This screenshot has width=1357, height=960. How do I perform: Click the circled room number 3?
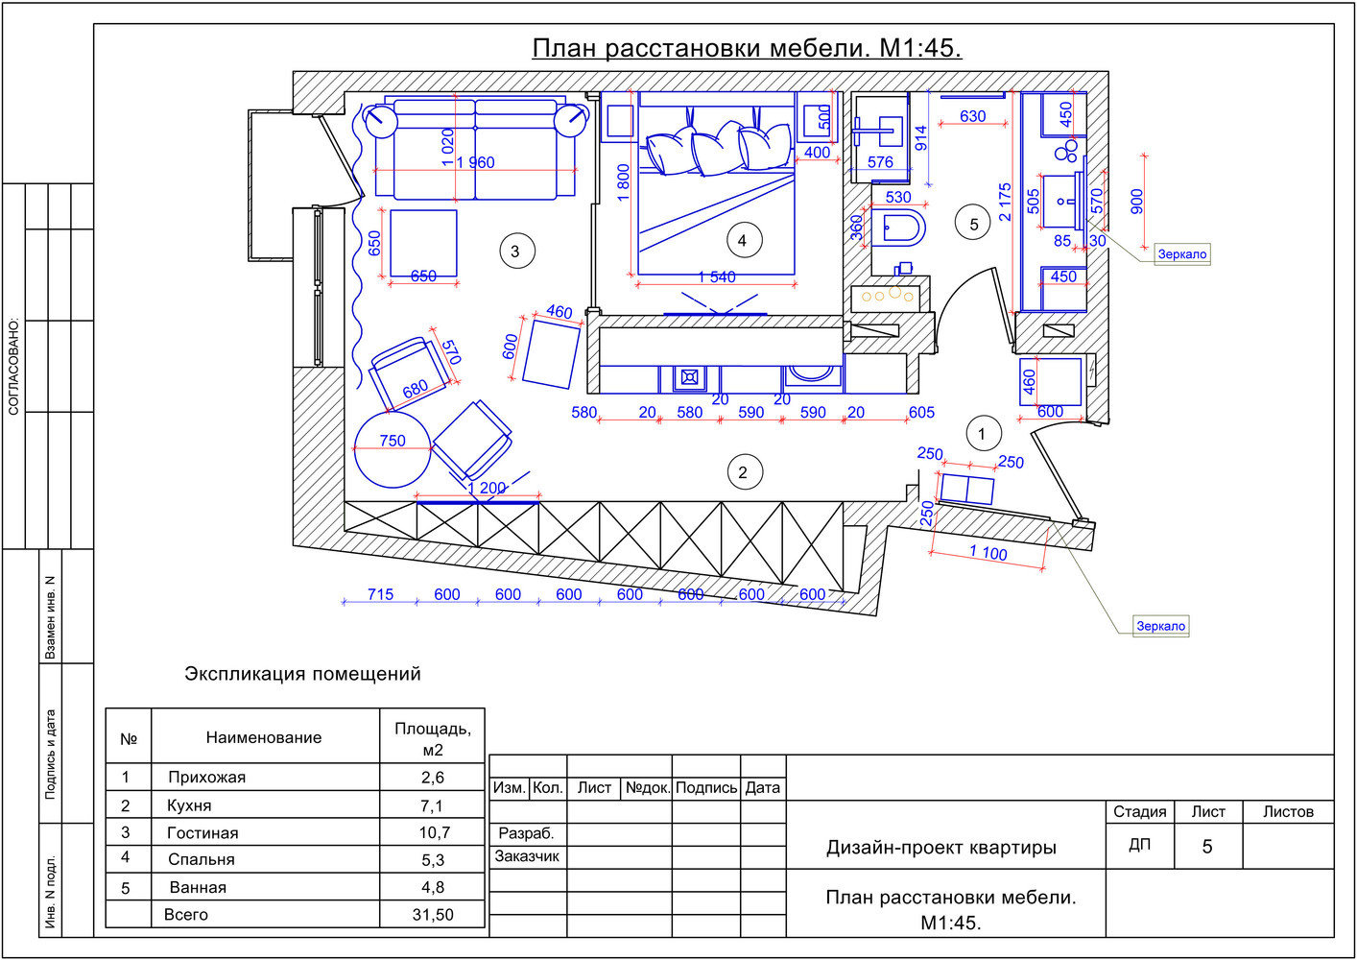[516, 251]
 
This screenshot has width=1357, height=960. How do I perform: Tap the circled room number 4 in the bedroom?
[744, 241]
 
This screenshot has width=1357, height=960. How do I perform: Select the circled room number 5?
[972, 223]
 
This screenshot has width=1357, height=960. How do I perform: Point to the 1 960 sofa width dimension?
[475, 162]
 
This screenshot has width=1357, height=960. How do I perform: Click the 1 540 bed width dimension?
[717, 277]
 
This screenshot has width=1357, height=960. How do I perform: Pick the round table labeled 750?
[392, 449]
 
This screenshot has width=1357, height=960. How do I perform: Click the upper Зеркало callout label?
[1182, 254]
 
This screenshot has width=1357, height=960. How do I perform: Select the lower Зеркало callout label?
[1160, 626]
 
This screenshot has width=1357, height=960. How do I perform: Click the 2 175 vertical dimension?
[1005, 202]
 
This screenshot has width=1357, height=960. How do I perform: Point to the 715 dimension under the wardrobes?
[380, 594]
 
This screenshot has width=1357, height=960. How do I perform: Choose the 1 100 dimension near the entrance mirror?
[988, 552]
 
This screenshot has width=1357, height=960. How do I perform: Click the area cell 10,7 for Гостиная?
[434, 832]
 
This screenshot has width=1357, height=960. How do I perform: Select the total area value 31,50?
[433, 915]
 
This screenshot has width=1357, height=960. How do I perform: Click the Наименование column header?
[264, 737]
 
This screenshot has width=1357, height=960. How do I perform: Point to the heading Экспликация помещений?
[302, 674]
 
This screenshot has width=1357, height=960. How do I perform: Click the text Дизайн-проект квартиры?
[941, 848]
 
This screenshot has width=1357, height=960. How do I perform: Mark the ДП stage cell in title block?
[1139, 844]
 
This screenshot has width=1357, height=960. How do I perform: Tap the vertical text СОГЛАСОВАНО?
[13, 368]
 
